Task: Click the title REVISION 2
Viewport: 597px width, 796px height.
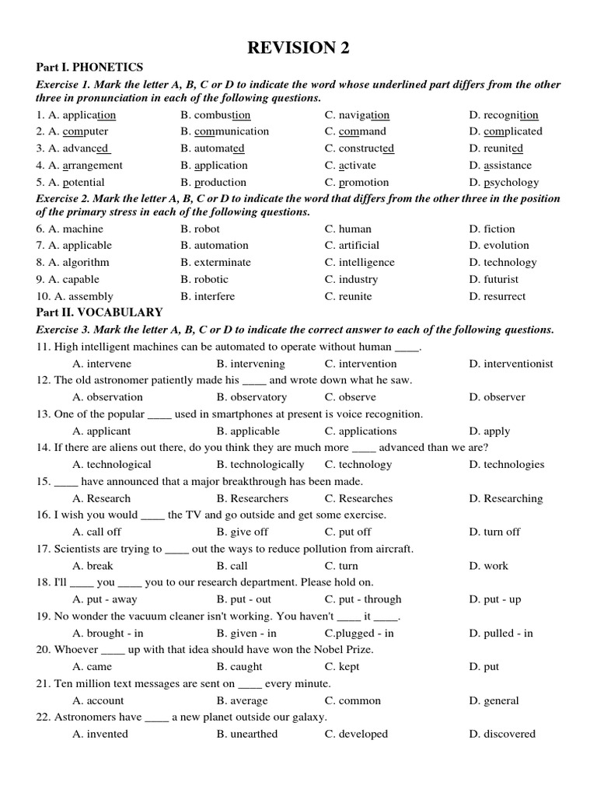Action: (298, 48)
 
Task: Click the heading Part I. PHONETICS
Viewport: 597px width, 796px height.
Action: (89, 68)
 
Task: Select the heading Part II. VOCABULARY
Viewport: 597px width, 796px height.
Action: (99, 312)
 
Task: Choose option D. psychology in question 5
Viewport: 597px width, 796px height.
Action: (504, 182)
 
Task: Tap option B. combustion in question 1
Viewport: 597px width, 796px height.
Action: (215, 114)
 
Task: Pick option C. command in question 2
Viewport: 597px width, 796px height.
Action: (355, 131)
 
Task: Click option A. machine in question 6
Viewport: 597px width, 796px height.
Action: (69, 229)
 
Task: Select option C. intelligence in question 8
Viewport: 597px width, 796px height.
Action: (360, 262)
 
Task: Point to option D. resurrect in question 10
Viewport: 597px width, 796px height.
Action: (497, 296)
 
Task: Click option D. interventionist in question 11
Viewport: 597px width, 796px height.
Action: (511, 363)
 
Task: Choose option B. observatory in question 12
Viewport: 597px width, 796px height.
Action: (252, 397)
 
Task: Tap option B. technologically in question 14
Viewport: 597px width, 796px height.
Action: (260, 464)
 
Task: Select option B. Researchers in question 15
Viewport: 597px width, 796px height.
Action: (252, 498)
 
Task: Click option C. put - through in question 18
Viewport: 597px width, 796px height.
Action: (363, 599)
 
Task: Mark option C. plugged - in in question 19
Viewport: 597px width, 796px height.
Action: (359, 633)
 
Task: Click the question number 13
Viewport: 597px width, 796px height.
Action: (43, 414)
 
